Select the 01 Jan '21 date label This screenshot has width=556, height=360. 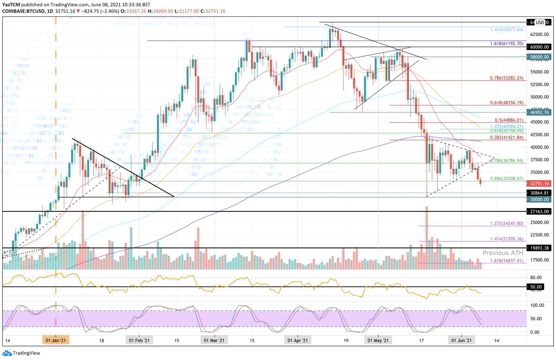56,341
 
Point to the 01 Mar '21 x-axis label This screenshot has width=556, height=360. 214,341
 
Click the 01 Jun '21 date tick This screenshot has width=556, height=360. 462,341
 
